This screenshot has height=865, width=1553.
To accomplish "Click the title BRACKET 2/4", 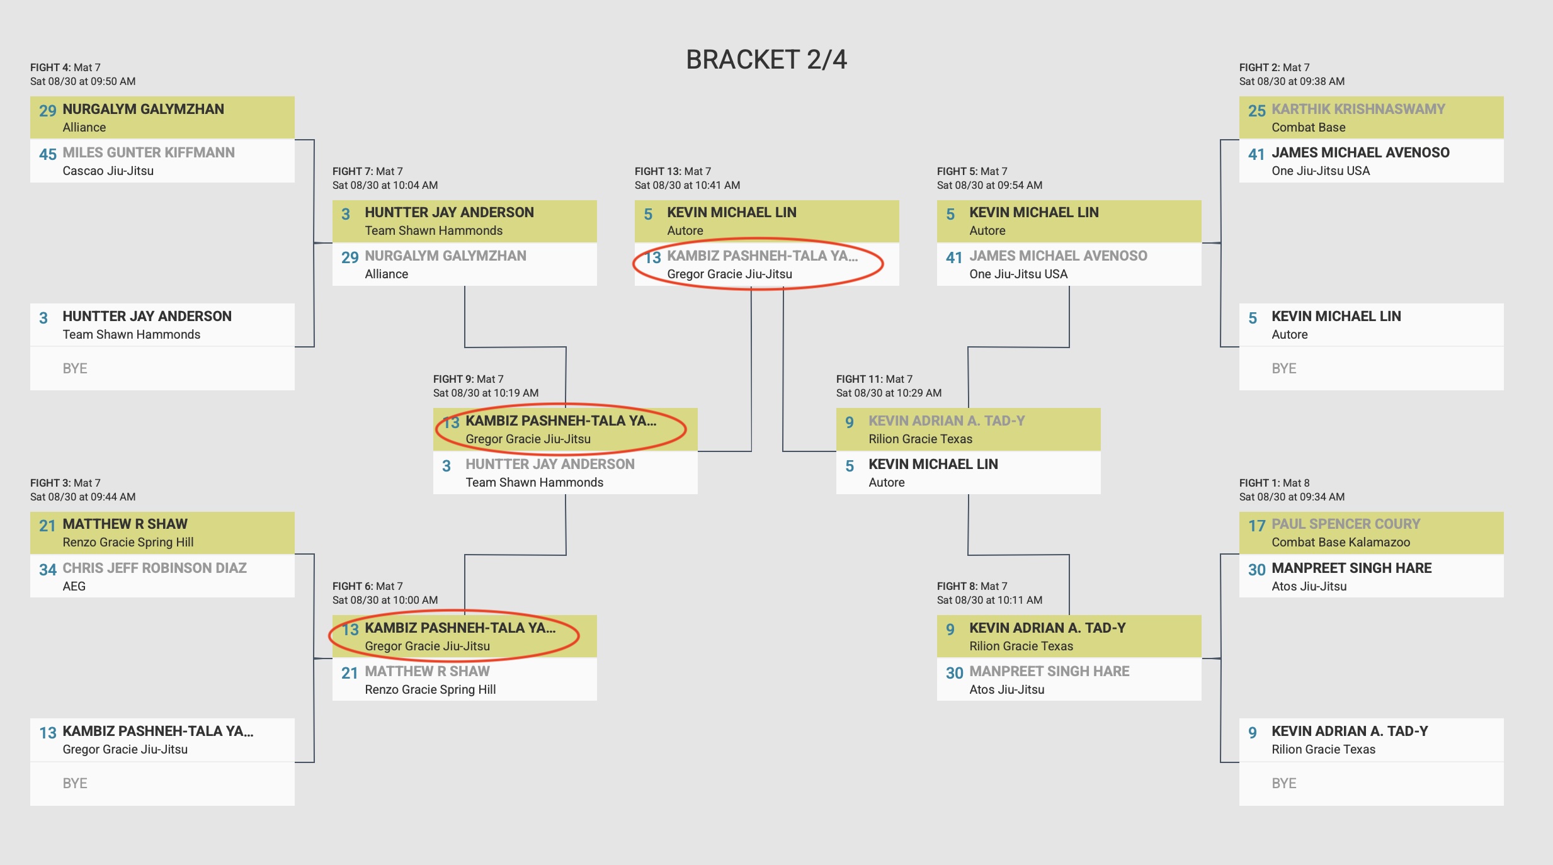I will click(766, 60).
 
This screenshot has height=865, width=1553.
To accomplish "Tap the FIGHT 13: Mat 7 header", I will click(673, 171).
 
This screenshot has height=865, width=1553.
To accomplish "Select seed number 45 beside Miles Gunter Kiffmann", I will click(47, 154).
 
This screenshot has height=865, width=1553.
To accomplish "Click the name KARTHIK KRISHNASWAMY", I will click(1358, 109).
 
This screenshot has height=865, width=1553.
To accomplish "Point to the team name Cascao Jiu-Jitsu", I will click(108, 171).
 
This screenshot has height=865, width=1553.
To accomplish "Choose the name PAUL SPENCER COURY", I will click(1345, 524).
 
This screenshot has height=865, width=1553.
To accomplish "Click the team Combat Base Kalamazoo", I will click(1340, 542).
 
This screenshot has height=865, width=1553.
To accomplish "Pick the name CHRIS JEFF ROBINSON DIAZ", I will click(154, 568).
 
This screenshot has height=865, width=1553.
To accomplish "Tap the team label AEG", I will click(74, 586).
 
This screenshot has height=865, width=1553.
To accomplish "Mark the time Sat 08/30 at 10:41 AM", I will click(687, 185).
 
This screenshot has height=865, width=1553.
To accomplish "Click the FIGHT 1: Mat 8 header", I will click(1274, 483).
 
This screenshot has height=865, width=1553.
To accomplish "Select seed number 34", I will click(47, 570).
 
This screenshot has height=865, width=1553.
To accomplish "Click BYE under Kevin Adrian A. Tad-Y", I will click(1283, 783).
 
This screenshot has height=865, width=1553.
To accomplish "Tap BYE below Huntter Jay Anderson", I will click(74, 368).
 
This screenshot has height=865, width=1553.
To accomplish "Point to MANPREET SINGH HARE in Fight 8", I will click(1049, 671).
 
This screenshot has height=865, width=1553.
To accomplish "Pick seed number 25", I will click(1256, 111).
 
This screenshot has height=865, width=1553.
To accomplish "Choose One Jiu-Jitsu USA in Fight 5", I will click(1018, 274).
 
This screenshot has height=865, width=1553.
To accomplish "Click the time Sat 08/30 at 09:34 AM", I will click(1292, 497).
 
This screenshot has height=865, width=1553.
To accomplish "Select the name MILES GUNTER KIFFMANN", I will click(148, 152).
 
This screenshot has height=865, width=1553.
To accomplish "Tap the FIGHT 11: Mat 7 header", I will click(874, 379).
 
